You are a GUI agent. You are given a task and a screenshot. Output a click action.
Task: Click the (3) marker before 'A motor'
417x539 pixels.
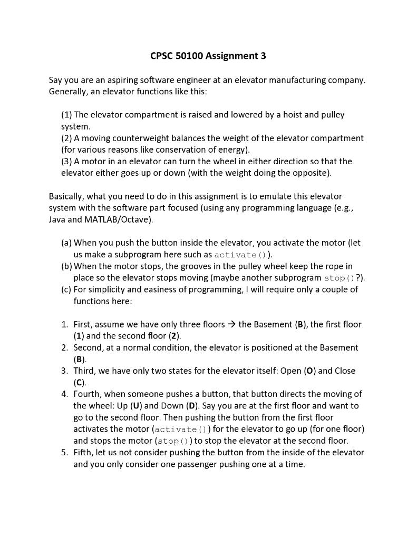point(66,161)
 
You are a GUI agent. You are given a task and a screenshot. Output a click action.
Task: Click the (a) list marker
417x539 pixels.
point(66,243)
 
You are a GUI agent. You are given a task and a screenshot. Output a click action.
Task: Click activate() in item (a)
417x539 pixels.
point(240,255)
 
